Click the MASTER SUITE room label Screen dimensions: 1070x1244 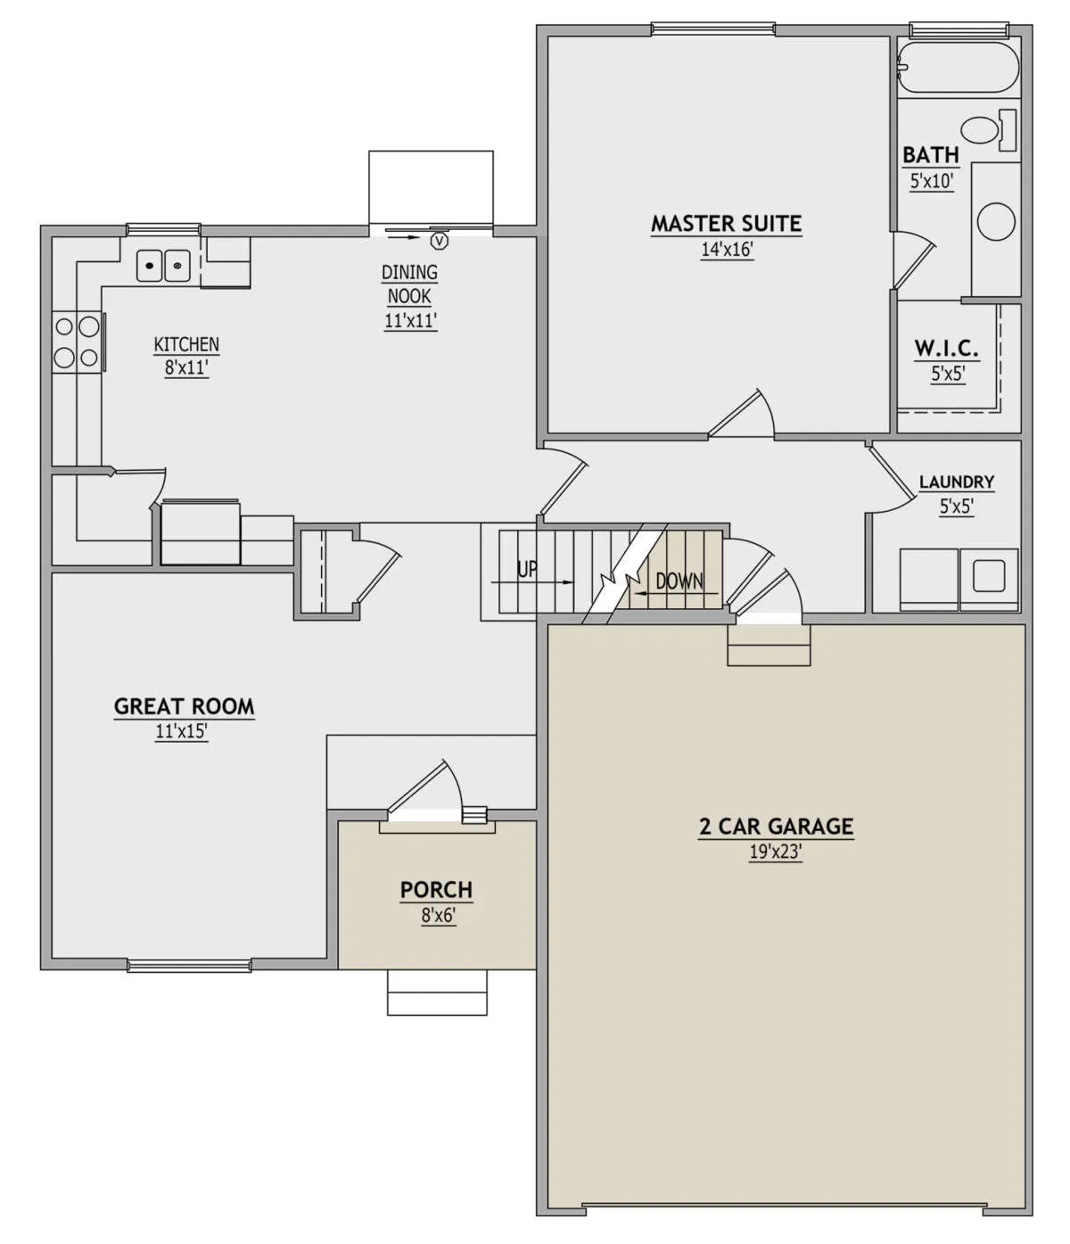point(726,223)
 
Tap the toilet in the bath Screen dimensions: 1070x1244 point(988,130)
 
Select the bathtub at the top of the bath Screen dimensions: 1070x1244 point(958,67)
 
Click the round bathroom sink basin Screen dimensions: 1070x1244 point(996,221)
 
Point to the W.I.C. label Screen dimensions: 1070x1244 point(947,348)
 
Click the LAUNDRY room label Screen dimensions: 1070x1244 point(956,482)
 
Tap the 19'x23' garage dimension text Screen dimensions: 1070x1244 point(775,853)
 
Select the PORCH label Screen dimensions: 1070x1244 point(436,889)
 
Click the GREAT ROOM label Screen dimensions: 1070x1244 point(185,706)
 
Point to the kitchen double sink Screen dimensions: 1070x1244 point(163,266)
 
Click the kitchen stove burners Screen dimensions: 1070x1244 point(77,342)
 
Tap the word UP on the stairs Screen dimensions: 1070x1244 point(527,569)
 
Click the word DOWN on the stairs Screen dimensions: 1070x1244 point(679,581)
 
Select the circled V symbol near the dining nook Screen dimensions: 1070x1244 point(440,241)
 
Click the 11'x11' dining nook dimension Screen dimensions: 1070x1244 point(410,320)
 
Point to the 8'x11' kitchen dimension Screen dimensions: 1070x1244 point(186,367)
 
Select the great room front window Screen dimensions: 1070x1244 point(188,966)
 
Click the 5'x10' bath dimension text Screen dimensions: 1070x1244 point(931,180)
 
